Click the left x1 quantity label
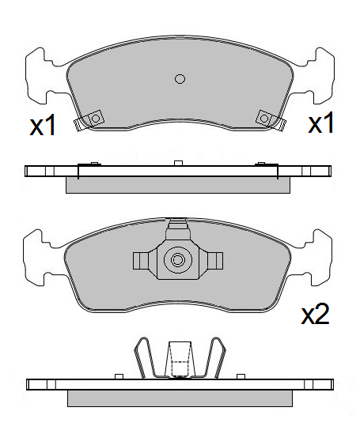[43, 126]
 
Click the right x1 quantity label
[320, 123]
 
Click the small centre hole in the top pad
[180, 77]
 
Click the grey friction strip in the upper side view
[178, 185]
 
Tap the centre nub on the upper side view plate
[179, 164]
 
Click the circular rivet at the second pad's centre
[178, 260]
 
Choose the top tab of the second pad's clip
[178, 230]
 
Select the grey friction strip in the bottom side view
[179, 398]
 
